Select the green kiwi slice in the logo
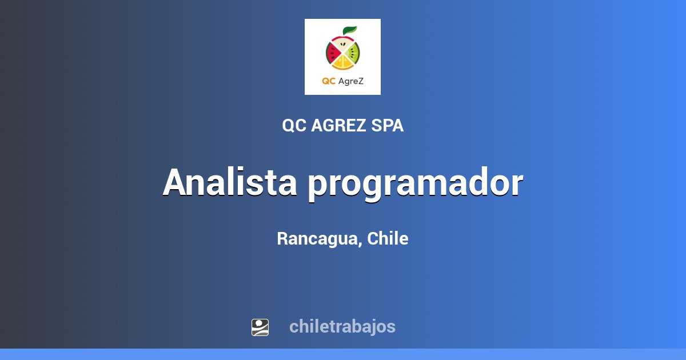pos(353,54)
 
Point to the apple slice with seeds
pos(342,44)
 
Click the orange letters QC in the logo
pos(328,81)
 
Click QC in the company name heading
pos(294,126)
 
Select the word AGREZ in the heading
pos(338,126)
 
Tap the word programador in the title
pos(416,184)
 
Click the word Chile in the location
pos(388,239)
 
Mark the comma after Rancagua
pos(361,244)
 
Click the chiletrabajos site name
pos(342,327)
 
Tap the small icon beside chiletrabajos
pos(260,327)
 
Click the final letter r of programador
pos(516,186)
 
